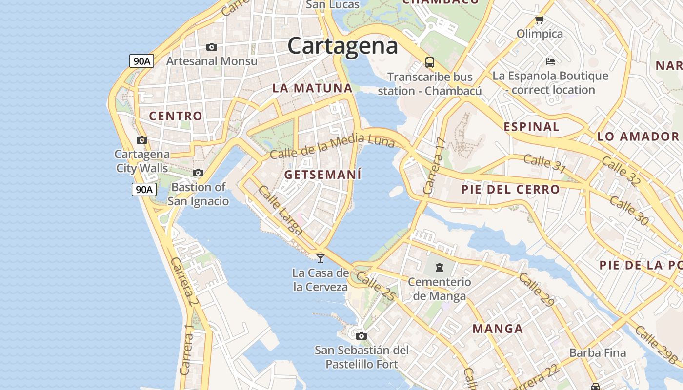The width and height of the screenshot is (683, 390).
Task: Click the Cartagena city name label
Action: [342, 46]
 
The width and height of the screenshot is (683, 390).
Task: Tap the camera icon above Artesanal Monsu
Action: [211, 47]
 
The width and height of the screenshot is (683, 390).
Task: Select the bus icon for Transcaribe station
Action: [429, 62]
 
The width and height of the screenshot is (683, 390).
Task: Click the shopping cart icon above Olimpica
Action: [539, 20]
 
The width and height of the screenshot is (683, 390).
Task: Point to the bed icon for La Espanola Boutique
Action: [550, 61]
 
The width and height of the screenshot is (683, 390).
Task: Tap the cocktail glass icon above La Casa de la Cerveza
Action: [321, 258]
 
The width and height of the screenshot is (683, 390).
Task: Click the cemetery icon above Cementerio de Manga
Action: [440, 267]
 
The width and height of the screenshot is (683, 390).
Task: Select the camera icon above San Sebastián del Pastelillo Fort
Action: [361, 336]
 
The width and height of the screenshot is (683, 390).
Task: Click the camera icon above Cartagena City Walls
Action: [142, 140]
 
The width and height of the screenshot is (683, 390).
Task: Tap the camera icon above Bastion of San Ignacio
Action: [198, 173]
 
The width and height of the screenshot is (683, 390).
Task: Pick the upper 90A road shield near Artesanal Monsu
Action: [142, 61]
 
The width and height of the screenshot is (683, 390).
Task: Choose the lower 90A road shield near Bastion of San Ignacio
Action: [144, 190]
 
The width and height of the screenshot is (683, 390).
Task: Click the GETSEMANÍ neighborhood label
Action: [323, 175]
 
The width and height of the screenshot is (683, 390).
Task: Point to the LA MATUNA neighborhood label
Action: [312, 88]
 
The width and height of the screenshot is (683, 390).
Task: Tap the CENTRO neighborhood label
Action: [175, 116]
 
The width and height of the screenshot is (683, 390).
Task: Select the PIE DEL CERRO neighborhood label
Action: [510, 189]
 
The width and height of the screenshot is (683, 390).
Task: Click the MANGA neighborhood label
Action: [498, 329]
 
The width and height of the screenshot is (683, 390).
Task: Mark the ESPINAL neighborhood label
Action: [531, 127]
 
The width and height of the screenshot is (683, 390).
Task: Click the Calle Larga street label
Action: [281, 210]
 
